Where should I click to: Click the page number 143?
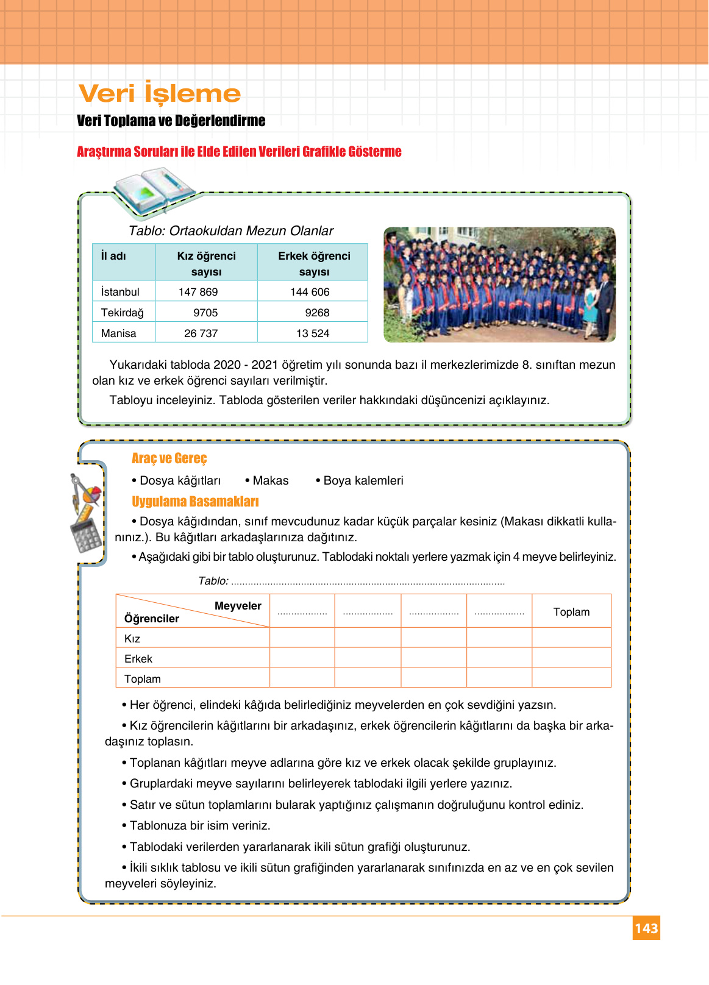pos(646,928)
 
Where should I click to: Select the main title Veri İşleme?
pos(160,93)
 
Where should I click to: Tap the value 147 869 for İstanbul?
pos(198,292)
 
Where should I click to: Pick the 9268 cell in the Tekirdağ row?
pos(317,313)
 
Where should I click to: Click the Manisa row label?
pos(119,333)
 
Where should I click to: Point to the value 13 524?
pos(313,333)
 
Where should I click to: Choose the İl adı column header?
pos(113,256)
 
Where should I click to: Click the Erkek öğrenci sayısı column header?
pos(314,263)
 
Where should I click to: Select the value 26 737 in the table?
pos(201,333)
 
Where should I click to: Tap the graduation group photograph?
pos(499,285)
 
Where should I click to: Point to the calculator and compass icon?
pos(85,512)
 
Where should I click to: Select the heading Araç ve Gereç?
pos(169,458)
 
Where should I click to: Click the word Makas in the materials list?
pos(271,480)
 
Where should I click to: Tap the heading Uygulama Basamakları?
pos(195,502)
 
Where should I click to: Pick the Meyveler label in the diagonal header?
pos(238,606)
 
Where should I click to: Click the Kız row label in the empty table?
pos(132,639)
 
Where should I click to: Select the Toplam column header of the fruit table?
pos(571,612)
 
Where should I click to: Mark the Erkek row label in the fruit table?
pos(138,659)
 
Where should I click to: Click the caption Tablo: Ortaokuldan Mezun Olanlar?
pos(231,231)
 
